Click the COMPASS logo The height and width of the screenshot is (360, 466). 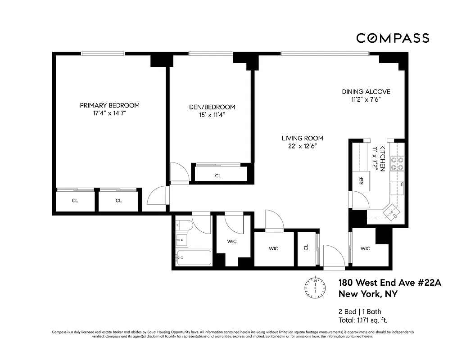[393, 38]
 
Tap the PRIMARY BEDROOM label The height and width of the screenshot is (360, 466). [109, 105]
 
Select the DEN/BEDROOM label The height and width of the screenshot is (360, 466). [212, 107]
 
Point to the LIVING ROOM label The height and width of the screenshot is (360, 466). [303, 138]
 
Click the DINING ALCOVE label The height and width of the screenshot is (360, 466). [365, 92]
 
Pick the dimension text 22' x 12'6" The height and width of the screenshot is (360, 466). [303, 146]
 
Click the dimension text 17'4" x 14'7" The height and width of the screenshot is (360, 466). [109, 113]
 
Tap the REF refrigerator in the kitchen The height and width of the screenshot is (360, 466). [361, 181]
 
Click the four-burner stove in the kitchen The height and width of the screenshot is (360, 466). [397, 164]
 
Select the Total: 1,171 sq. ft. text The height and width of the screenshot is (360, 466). [363, 320]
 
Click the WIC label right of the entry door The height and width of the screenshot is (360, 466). [365, 248]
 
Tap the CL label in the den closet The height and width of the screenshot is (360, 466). [218, 175]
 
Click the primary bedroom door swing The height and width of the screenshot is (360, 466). [156, 198]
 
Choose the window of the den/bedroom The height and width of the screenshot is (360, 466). [211, 54]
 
